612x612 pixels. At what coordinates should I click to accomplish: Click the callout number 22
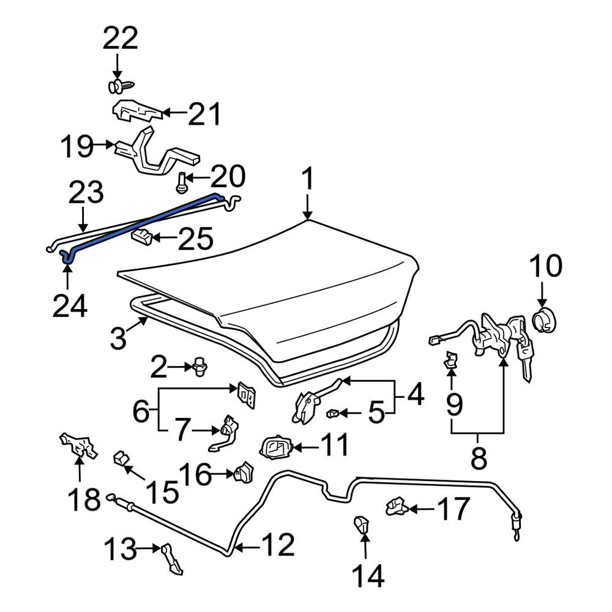120,38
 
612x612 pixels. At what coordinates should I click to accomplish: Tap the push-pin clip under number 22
121,86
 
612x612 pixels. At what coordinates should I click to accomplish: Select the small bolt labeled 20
181,182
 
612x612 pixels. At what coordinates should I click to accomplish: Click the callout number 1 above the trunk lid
308,179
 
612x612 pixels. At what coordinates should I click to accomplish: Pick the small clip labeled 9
451,359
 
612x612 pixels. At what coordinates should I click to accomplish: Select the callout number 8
479,458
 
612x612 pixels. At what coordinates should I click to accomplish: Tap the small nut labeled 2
200,367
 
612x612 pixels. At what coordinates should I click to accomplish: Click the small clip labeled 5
333,412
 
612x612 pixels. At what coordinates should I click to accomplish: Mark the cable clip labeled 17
397,506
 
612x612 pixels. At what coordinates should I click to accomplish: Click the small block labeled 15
121,457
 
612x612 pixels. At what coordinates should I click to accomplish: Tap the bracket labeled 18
78,445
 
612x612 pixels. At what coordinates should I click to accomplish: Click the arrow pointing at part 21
174,113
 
